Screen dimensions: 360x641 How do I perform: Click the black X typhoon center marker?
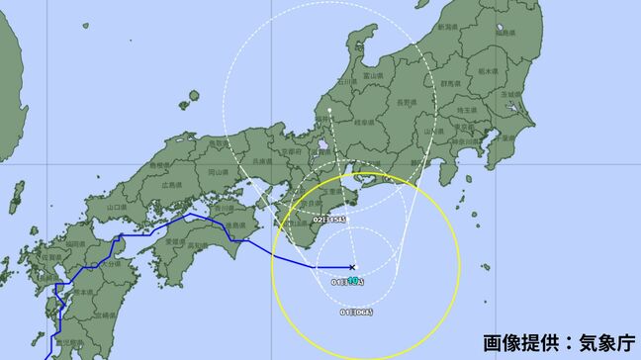click(x=353, y=267)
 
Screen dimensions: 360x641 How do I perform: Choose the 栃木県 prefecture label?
click(x=486, y=72)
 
